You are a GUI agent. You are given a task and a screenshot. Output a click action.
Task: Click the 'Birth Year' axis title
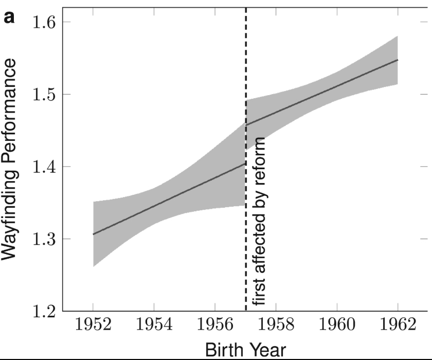coord(245,350)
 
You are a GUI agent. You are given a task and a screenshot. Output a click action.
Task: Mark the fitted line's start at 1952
coord(93,235)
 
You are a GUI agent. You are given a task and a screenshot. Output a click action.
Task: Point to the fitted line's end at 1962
coord(398,60)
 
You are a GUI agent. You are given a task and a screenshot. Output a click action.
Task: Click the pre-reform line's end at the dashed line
coord(245,164)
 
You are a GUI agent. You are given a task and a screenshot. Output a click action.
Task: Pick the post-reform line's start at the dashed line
coord(247,125)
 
